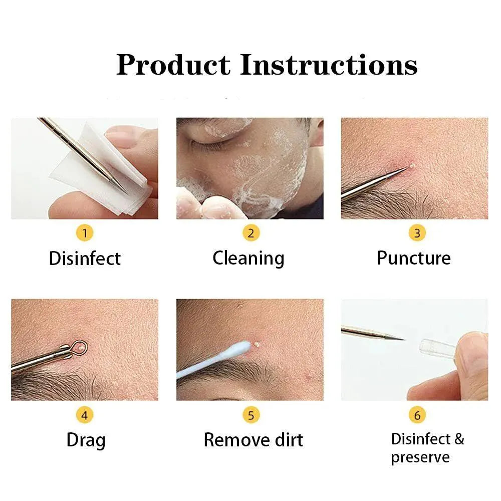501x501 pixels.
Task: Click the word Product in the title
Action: [x=173, y=65]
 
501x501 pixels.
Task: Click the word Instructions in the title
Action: [x=329, y=65]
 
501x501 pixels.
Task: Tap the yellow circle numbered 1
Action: [x=85, y=233]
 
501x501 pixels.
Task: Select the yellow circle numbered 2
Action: [x=250, y=233]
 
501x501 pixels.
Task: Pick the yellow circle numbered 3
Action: [x=417, y=233]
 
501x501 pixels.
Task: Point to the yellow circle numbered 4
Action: [x=85, y=415]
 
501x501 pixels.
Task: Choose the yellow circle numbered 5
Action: [x=250, y=415]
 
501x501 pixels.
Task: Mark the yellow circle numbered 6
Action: [x=417, y=415]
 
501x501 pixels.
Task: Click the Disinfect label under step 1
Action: [x=85, y=259]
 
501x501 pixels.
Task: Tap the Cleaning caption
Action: [x=248, y=259]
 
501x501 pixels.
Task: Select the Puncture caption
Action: [x=414, y=259]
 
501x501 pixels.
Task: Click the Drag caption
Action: [x=86, y=440]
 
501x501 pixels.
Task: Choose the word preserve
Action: [x=420, y=457]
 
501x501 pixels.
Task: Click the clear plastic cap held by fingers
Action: [x=435, y=347]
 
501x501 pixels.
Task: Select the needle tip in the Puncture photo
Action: [x=406, y=169]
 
